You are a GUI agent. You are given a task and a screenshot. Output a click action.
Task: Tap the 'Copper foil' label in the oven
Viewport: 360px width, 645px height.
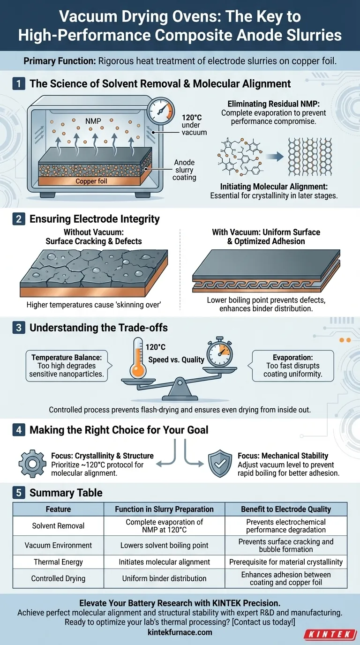click(x=91, y=181)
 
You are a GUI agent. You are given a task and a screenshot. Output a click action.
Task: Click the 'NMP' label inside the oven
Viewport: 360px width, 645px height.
click(x=93, y=121)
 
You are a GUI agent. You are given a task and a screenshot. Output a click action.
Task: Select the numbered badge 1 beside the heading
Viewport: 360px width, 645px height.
click(x=19, y=84)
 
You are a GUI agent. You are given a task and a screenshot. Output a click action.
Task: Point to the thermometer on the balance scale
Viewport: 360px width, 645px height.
click(x=138, y=358)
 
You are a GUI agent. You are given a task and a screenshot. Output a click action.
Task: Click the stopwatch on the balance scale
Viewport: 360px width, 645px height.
click(x=219, y=351)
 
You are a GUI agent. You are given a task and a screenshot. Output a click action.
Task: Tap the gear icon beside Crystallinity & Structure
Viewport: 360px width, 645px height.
click(x=32, y=464)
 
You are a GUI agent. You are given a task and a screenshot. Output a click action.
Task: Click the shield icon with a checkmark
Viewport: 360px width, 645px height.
click(x=220, y=464)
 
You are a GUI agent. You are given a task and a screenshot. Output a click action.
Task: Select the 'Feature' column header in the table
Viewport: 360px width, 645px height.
click(x=58, y=509)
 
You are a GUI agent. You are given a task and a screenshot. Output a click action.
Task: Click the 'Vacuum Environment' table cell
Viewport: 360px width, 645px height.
click(x=58, y=545)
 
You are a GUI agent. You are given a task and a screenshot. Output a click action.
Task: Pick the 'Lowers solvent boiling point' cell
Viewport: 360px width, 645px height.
click(x=164, y=545)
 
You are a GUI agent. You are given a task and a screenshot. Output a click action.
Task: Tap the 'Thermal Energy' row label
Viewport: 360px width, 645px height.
click(x=58, y=562)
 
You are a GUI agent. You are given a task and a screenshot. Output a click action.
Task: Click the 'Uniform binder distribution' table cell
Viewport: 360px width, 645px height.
click(x=164, y=578)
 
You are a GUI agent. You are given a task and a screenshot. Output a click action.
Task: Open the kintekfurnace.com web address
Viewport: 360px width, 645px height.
click(x=180, y=632)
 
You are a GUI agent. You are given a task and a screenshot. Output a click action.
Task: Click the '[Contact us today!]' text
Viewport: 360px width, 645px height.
click(x=263, y=622)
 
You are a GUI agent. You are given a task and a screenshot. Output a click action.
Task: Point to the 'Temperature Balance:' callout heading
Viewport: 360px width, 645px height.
click(x=67, y=357)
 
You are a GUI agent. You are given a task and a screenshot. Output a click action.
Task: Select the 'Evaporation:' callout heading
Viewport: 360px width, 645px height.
click(x=293, y=357)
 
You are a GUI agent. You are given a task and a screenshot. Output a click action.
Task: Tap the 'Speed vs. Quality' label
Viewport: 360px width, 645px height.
click(x=176, y=360)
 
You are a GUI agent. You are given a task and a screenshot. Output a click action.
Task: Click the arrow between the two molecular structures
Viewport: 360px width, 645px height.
click(x=275, y=157)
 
